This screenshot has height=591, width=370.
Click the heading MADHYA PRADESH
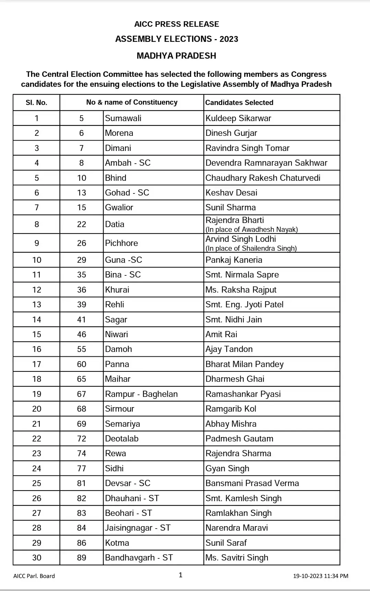tap(176, 56)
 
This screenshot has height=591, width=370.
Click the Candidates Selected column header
tap(239, 103)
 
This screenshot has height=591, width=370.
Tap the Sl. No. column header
tap(36, 103)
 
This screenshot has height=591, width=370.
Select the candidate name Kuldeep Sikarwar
tap(238, 118)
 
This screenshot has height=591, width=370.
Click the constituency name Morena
tap(119, 133)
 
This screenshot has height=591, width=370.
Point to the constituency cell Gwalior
tap(119, 208)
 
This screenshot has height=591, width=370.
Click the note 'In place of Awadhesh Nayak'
tap(251, 229)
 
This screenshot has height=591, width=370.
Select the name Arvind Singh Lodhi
tap(240, 239)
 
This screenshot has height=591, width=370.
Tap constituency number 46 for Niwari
tap(81, 334)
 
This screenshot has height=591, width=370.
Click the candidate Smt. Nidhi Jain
tap(234, 320)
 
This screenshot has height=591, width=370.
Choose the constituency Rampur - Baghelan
tap(141, 394)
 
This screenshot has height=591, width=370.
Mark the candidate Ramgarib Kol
tap(231, 409)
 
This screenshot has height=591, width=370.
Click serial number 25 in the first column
tap(36, 483)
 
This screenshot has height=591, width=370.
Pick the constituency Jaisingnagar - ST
tap(138, 528)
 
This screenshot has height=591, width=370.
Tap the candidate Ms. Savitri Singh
tap(237, 558)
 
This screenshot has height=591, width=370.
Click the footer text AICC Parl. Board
tap(34, 576)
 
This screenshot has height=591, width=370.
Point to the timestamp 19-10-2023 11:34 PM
tap(320, 576)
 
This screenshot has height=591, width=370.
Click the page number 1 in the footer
tap(180, 575)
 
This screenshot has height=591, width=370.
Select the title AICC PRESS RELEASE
tap(176, 24)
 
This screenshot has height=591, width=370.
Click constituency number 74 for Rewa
tap(81, 453)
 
